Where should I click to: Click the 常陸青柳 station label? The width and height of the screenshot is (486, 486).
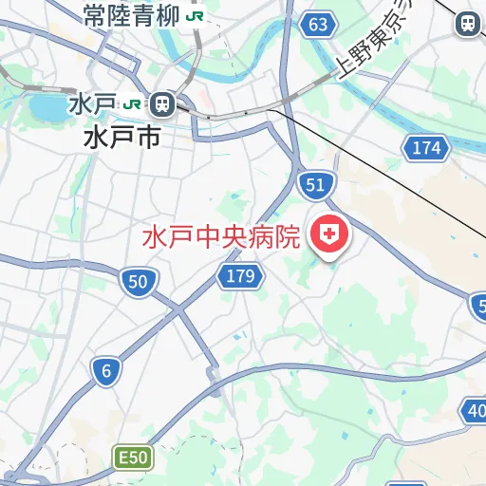click(132, 15)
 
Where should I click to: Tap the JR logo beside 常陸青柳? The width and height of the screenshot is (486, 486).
click(195, 16)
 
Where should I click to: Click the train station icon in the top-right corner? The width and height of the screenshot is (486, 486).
click(468, 24)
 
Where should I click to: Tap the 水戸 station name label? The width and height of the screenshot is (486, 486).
click(92, 103)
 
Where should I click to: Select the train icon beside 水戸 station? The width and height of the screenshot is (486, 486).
click(161, 103)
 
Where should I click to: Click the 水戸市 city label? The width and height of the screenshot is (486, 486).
click(121, 137)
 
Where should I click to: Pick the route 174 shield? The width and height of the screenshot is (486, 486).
click(426, 147)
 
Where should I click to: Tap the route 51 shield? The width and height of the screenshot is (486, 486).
click(314, 186)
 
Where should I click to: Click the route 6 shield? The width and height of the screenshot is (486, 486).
click(106, 371)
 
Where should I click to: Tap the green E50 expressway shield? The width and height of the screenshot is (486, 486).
click(132, 458)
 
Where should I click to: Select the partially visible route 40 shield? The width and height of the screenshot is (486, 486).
click(475, 410)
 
